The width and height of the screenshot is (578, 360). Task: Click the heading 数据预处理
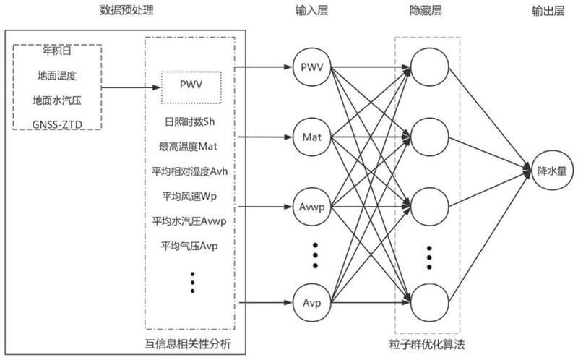pos(126,10)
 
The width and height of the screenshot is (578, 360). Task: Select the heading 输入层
pos(311,10)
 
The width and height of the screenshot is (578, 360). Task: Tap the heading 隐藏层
pos(426,10)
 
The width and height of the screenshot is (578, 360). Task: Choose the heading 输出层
pos(548,11)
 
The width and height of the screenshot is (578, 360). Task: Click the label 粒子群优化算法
pos(427,345)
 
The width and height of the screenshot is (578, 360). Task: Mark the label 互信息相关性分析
pos(188,344)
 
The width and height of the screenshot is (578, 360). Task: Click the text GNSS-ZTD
pos(57,124)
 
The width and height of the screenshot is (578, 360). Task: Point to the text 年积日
pos(57,51)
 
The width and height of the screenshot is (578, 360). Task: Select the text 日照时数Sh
pos(189,121)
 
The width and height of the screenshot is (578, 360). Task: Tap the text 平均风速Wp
pos(189,196)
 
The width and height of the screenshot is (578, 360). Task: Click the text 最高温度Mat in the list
pos(188,147)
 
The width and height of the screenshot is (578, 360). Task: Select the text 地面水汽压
pos(57,100)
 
